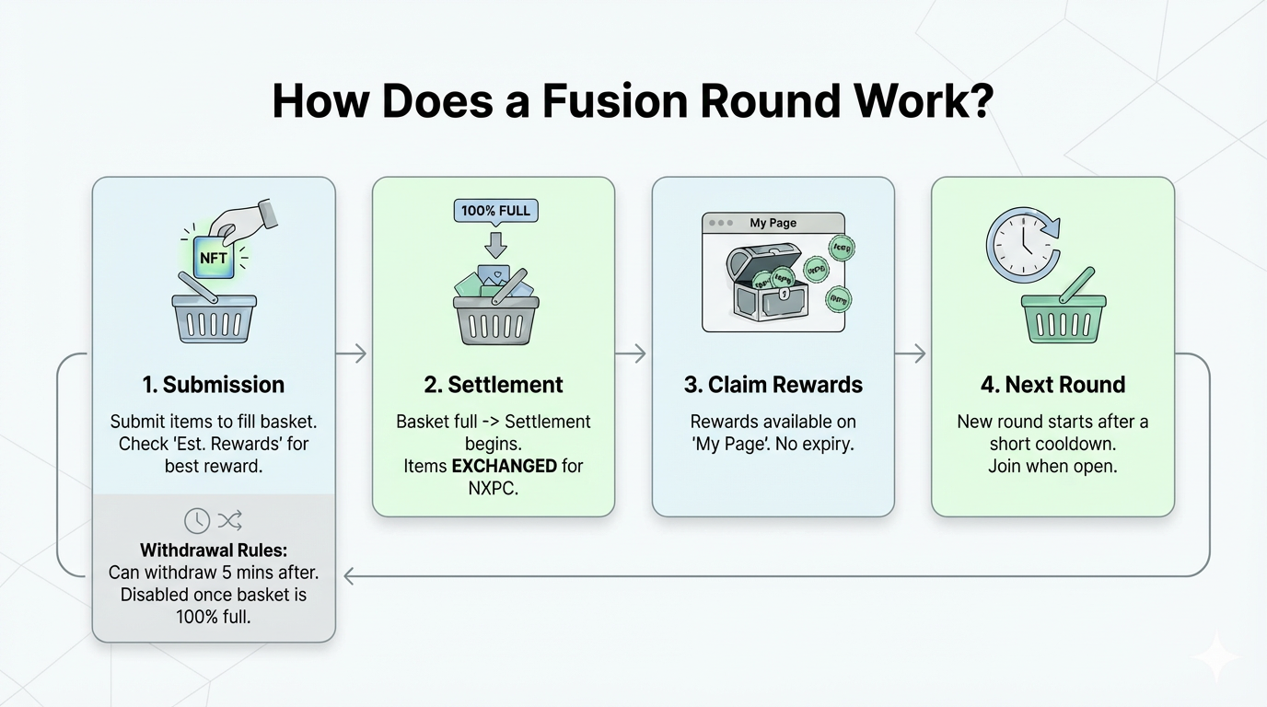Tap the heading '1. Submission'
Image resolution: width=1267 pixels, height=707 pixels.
click(x=214, y=385)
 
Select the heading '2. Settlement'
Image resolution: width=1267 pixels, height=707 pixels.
click(x=493, y=385)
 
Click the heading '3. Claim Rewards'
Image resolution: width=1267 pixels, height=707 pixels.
click(x=773, y=385)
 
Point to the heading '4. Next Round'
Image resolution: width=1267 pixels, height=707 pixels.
click(x=1052, y=385)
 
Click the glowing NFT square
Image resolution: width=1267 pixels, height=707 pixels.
click(x=214, y=259)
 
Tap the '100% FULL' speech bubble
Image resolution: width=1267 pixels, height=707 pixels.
click(x=495, y=211)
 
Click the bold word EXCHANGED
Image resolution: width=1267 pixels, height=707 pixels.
click(x=504, y=466)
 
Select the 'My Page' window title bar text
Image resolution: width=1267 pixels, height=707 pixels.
click(x=773, y=223)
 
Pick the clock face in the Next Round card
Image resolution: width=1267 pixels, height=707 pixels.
click(x=1022, y=244)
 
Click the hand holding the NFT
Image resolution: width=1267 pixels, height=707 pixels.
click(x=244, y=219)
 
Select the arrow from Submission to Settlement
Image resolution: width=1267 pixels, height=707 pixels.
click(x=353, y=353)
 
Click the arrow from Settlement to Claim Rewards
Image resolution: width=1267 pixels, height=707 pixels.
click(x=633, y=353)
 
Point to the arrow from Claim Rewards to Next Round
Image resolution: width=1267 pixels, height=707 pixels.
click(x=912, y=353)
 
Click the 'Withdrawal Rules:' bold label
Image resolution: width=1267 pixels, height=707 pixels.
click(x=214, y=551)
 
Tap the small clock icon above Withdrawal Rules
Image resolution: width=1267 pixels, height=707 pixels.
click(x=196, y=521)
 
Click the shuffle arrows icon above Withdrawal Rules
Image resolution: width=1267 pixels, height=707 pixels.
click(x=229, y=521)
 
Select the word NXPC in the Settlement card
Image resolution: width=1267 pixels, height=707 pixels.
click(x=493, y=488)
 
